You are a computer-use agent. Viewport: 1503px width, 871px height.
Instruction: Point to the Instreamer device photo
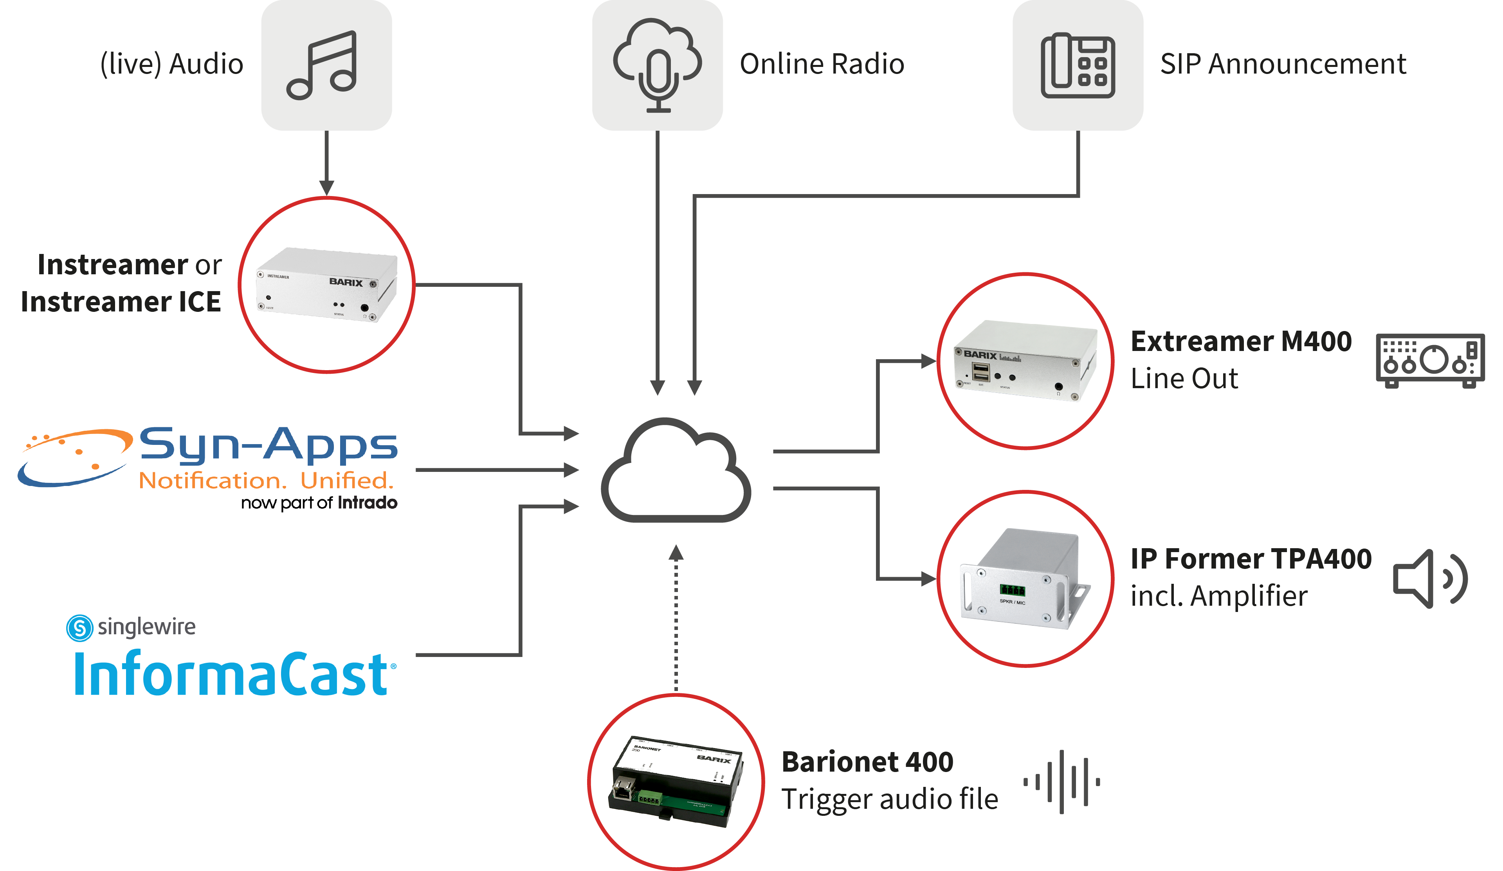(326, 285)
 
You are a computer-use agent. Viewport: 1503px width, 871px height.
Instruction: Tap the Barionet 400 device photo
(675, 781)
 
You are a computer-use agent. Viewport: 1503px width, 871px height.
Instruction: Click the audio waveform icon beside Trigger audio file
(1061, 781)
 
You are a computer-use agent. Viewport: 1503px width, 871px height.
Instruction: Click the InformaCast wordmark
(232, 674)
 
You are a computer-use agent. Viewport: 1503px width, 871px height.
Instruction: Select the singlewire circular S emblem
(79, 628)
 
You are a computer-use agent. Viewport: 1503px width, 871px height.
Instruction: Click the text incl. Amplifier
(1218, 596)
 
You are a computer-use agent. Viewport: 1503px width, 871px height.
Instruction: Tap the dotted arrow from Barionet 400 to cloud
(676, 620)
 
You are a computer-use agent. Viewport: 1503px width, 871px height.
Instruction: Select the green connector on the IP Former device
(1012, 590)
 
